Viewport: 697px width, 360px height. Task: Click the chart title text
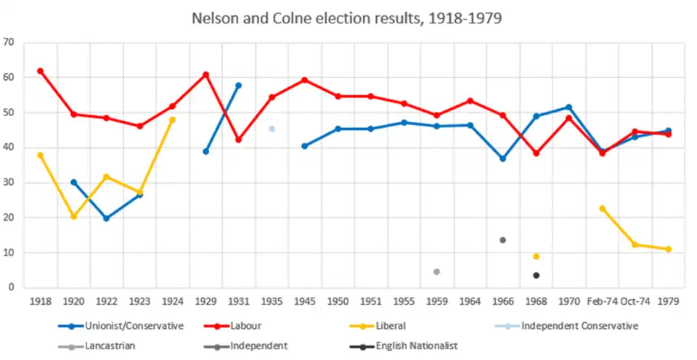click(x=347, y=18)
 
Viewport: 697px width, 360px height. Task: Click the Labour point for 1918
click(x=41, y=71)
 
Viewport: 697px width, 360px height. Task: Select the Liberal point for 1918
click(x=41, y=155)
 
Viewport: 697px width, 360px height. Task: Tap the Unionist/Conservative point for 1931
click(x=238, y=86)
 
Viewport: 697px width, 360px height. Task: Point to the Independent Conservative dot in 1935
click(x=272, y=129)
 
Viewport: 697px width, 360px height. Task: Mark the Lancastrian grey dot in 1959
click(x=436, y=271)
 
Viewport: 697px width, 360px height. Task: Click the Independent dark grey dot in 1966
click(x=502, y=240)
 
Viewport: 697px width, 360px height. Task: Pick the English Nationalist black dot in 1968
click(x=536, y=275)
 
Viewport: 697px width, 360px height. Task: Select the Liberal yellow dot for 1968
click(x=536, y=256)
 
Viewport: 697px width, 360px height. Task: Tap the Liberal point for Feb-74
click(x=602, y=208)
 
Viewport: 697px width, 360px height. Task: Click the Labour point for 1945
click(x=304, y=80)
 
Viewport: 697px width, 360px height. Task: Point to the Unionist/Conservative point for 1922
click(x=107, y=218)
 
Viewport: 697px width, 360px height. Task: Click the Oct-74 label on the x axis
click(x=635, y=300)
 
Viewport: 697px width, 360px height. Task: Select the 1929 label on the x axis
click(x=205, y=300)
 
